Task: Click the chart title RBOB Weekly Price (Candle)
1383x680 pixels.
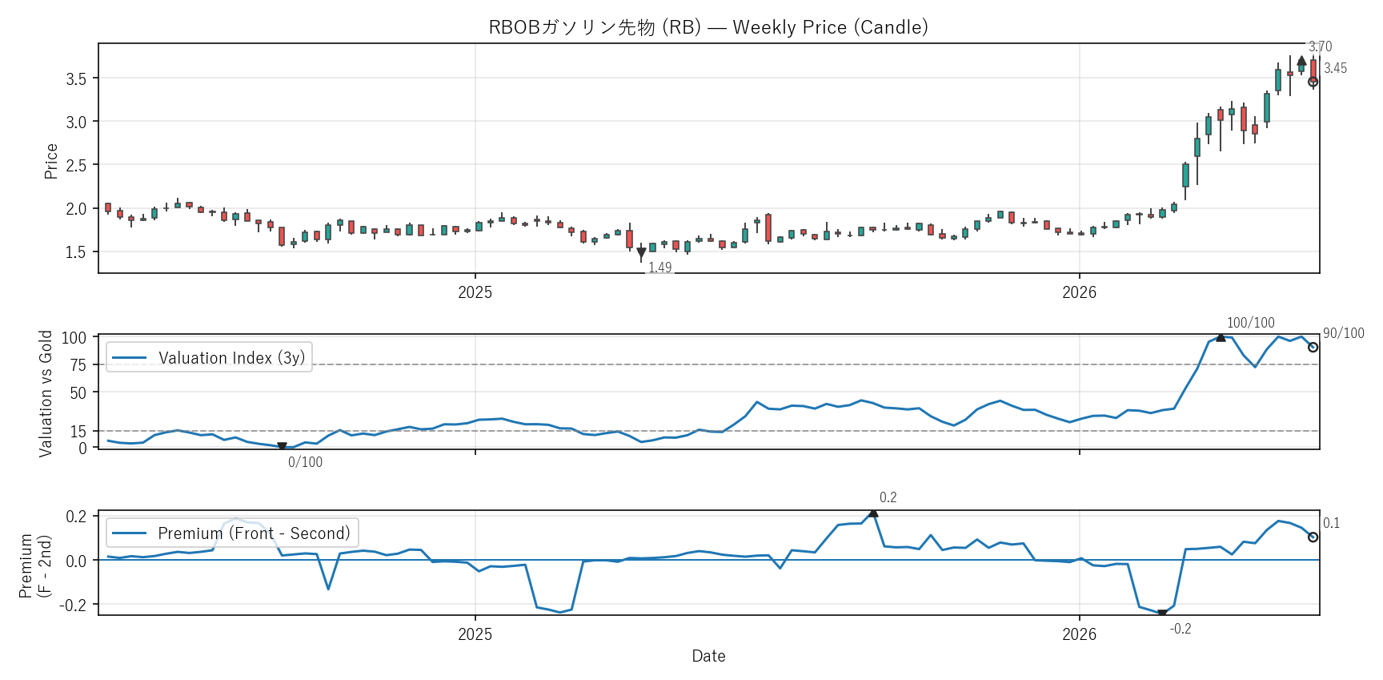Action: [708, 27]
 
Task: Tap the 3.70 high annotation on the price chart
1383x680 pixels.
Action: [1320, 46]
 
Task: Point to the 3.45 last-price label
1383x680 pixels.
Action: [1335, 68]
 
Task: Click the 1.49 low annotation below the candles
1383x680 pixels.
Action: [660, 268]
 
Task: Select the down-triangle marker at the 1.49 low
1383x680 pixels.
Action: [641, 253]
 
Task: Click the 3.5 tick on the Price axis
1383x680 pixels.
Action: [76, 78]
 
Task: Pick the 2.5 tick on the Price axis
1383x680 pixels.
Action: [76, 165]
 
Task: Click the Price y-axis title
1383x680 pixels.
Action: [51, 161]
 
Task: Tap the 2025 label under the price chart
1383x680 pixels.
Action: [475, 292]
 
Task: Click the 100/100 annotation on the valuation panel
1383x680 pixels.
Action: [1251, 323]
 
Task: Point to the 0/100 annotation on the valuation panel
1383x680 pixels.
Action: [306, 462]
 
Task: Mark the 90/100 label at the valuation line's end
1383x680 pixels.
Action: [1344, 333]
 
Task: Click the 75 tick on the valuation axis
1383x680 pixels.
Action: [78, 365]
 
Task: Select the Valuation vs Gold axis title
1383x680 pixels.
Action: [46, 393]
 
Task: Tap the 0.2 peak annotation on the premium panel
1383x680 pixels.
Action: [888, 497]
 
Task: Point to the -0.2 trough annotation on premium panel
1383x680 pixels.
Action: [1181, 629]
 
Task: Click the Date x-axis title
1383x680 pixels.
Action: [709, 656]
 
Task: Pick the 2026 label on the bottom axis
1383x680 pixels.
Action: [1080, 634]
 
